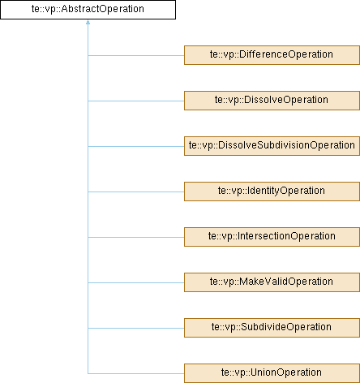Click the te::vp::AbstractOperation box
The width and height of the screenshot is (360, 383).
[x=88, y=10]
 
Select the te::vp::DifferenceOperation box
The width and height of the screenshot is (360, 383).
[x=272, y=55]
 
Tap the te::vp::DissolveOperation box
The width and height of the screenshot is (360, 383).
[x=272, y=101]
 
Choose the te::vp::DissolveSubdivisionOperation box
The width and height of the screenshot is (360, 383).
[x=272, y=146]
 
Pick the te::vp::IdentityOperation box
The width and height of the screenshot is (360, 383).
[x=272, y=191]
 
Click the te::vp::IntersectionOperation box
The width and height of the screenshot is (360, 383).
[x=272, y=237]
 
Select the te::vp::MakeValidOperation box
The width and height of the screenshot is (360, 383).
[x=272, y=282]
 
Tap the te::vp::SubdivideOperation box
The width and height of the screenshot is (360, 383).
[x=272, y=328]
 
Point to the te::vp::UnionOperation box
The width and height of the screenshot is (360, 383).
[x=272, y=373]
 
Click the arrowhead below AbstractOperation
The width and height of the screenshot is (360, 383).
[x=88, y=22]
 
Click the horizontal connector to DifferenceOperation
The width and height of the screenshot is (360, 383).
[x=136, y=55]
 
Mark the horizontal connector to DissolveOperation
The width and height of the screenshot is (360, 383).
[x=136, y=101]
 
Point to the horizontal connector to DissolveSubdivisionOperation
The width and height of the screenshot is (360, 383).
[x=136, y=146]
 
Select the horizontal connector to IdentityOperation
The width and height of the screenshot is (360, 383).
[x=136, y=191]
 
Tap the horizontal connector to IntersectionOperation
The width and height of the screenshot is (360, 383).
[x=136, y=237]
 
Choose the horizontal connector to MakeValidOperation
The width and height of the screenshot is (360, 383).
[x=136, y=282]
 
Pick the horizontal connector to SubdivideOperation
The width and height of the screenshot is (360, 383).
[x=136, y=328]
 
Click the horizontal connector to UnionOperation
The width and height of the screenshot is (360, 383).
[x=136, y=373]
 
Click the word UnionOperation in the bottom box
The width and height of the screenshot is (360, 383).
[x=286, y=372]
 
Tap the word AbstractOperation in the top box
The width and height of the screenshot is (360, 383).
[x=103, y=9]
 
